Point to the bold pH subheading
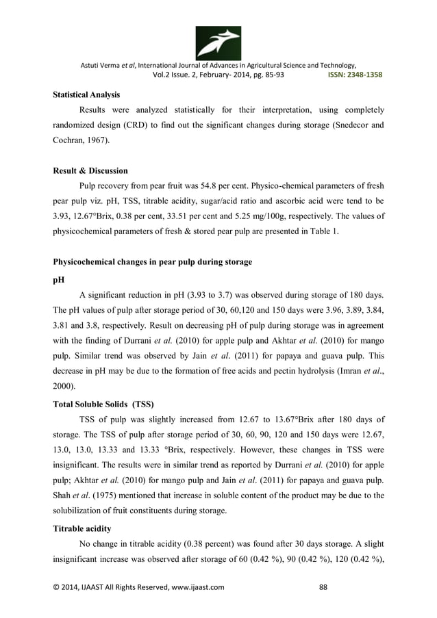click(49, 281)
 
